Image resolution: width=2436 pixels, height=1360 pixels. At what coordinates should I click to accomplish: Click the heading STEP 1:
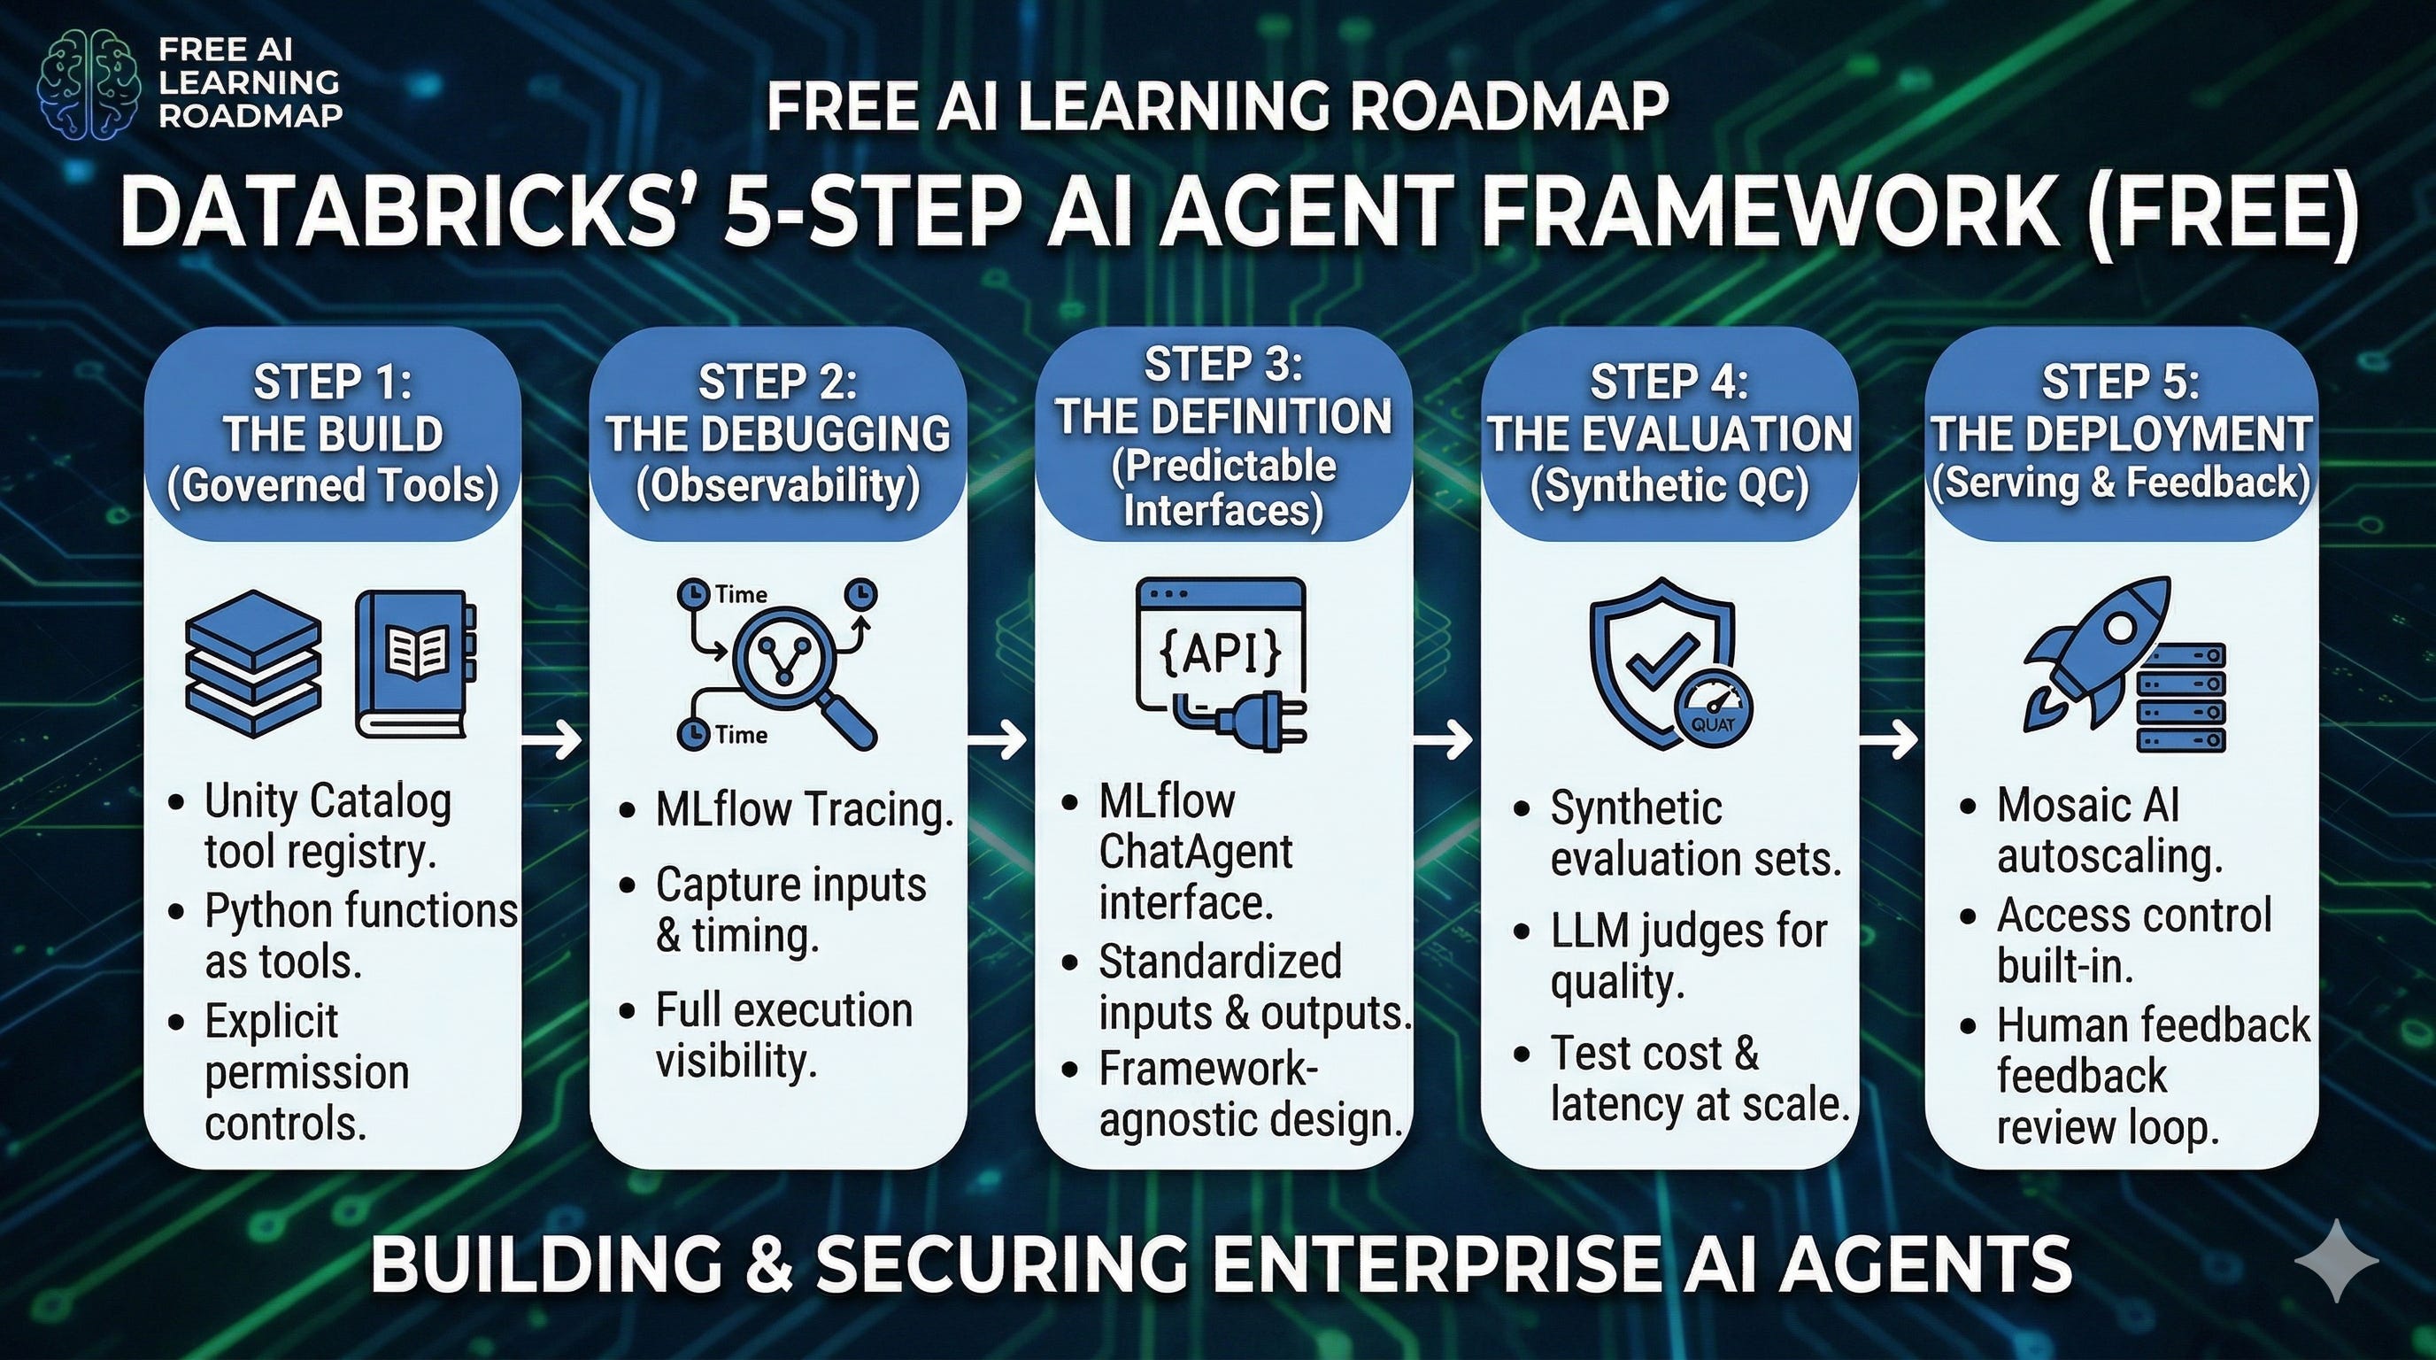pyautogui.click(x=332, y=383)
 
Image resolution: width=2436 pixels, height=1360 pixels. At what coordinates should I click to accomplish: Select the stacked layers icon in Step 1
pyautogui.click(x=253, y=664)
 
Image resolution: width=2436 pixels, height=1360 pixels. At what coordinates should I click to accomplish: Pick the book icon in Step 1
pyautogui.click(x=415, y=664)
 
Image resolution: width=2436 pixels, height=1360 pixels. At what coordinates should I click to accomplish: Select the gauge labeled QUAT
pyautogui.click(x=1713, y=711)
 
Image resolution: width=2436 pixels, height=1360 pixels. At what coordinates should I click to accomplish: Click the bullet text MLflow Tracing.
pyautogui.click(x=804, y=810)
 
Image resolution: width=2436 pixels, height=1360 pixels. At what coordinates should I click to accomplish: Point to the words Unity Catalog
pyautogui.click(x=328, y=802)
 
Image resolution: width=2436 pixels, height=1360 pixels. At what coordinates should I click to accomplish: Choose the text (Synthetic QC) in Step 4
pyautogui.click(x=1669, y=485)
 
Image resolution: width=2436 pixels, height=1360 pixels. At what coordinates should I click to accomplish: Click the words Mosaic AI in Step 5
pyautogui.click(x=2087, y=805)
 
